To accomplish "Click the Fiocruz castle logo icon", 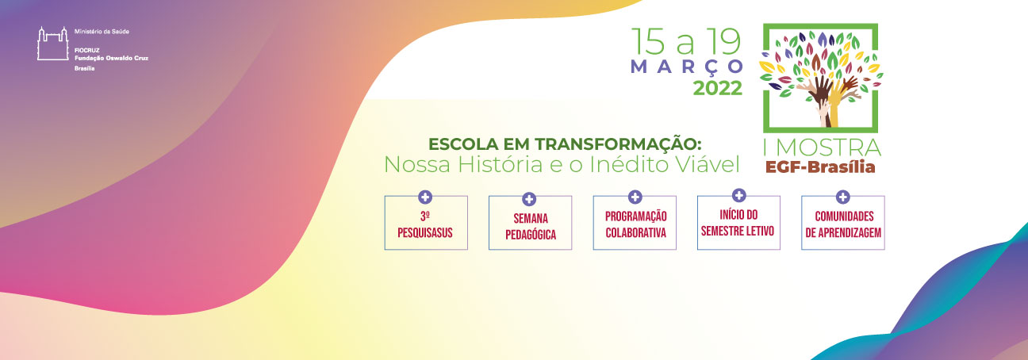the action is tap(52, 44).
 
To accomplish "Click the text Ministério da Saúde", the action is tap(102, 32).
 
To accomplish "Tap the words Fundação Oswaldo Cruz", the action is tap(112, 58).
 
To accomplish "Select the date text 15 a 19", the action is tap(686, 41).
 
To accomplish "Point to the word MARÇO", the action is tap(687, 67).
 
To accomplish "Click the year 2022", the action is tap(717, 88).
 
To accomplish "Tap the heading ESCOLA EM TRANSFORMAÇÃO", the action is tap(565, 144).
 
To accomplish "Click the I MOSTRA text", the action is tap(822, 147).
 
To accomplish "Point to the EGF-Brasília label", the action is tap(820, 167).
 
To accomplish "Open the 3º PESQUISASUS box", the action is tap(426, 223).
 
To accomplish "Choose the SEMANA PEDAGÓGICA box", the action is tap(530, 223).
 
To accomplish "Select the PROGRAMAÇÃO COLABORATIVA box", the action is tap(635, 223).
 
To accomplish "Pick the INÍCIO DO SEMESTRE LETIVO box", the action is tap(738, 223).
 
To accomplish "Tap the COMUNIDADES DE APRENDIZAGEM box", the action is tap(843, 223).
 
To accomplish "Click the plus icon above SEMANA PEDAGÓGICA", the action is tap(529, 199).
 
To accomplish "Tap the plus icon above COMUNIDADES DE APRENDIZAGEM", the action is tap(842, 197).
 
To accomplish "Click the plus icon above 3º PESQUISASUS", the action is tap(425, 197).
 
